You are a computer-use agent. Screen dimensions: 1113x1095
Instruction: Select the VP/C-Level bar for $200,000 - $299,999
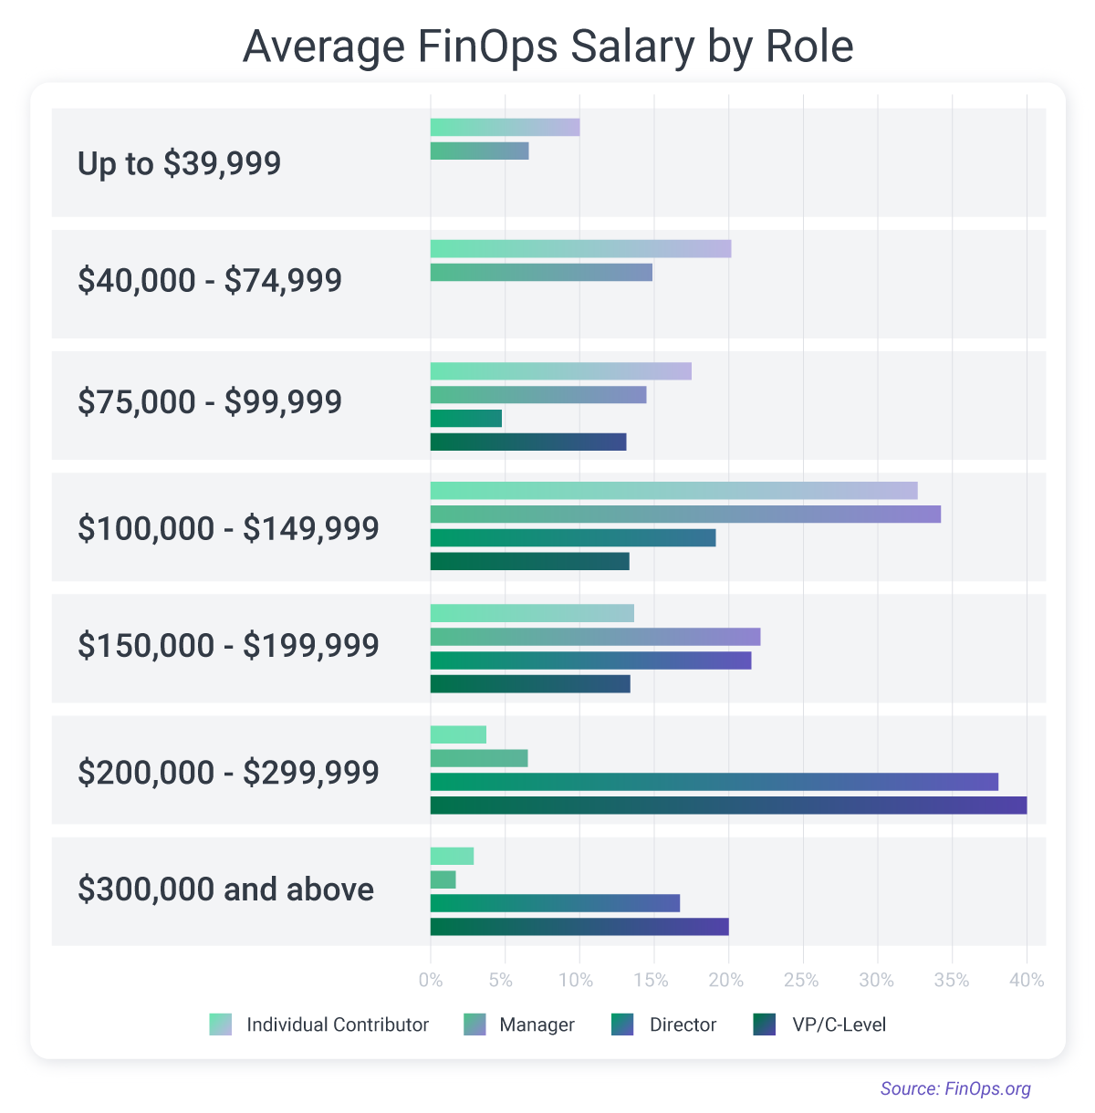pyautogui.click(x=728, y=805)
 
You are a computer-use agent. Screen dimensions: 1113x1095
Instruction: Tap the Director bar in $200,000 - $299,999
pyautogui.click(x=714, y=782)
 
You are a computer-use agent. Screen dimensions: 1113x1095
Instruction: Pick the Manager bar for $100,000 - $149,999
pyautogui.click(x=685, y=515)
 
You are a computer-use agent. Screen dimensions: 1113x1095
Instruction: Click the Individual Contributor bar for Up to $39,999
pyautogui.click(x=505, y=128)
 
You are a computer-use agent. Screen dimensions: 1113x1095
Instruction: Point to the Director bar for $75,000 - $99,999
pyautogui.click(x=466, y=419)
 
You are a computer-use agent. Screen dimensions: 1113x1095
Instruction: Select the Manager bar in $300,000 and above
pyautogui.click(x=443, y=879)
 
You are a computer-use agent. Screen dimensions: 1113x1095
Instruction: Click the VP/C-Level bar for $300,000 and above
pyautogui.click(x=579, y=927)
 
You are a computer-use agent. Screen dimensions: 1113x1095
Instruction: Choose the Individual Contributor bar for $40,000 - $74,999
pyautogui.click(x=580, y=249)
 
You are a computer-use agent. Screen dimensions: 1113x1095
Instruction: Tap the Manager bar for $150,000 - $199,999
pyautogui.click(x=595, y=637)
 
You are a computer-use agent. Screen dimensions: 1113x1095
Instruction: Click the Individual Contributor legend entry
pyautogui.click(x=318, y=1025)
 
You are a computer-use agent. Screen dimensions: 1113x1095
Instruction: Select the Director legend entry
pyautogui.click(x=663, y=1025)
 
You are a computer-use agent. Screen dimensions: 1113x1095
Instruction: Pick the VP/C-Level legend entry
pyautogui.click(x=819, y=1025)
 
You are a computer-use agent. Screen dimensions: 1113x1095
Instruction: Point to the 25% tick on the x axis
pyautogui.click(x=802, y=981)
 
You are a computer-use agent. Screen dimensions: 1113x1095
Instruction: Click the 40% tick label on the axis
pyautogui.click(x=1027, y=981)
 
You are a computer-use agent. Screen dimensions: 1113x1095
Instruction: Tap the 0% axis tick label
pyautogui.click(x=430, y=981)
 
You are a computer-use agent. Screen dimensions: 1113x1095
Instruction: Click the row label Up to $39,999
pyautogui.click(x=179, y=163)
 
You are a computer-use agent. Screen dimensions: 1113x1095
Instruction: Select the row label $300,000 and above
pyautogui.click(x=225, y=889)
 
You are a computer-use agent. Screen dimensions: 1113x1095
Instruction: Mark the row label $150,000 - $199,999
pyautogui.click(x=228, y=646)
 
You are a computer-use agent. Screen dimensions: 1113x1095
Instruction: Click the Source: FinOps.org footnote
pyautogui.click(x=955, y=1088)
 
